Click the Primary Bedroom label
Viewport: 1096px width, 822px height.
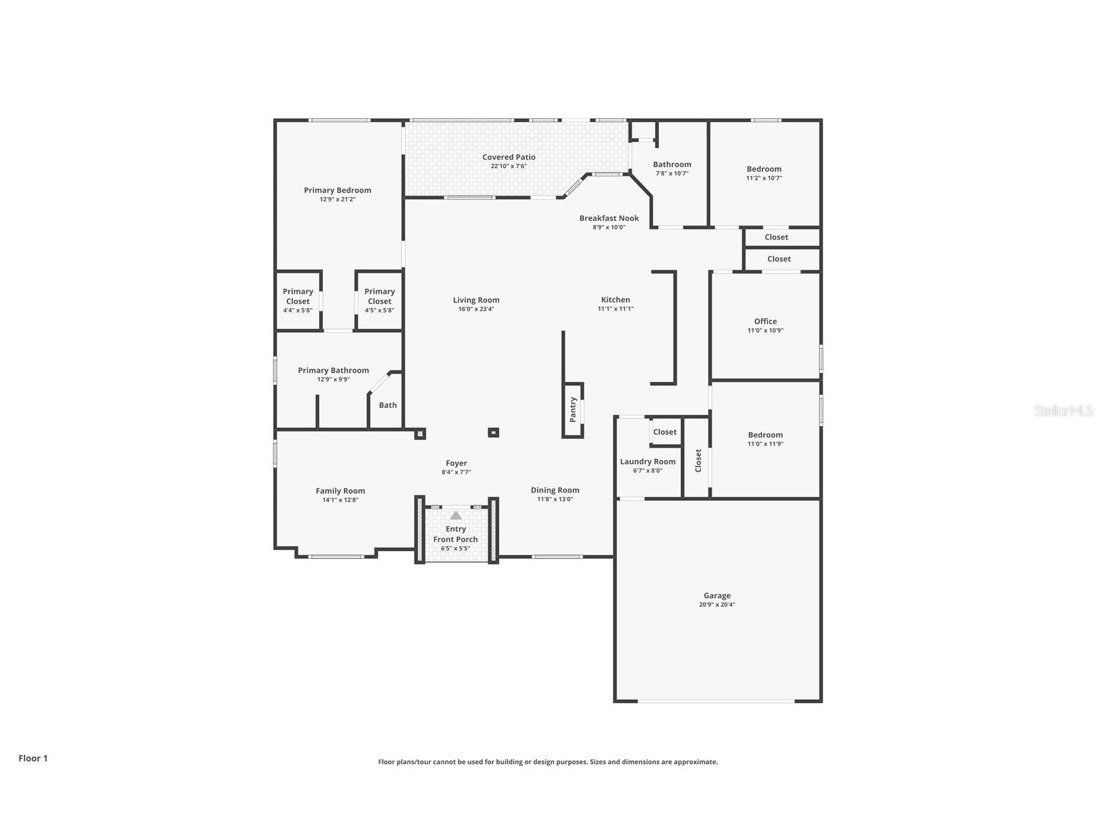pyautogui.click(x=337, y=190)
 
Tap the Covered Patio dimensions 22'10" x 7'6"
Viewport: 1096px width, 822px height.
pyautogui.click(x=509, y=166)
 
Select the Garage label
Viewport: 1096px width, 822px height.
pyautogui.click(x=717, y=596)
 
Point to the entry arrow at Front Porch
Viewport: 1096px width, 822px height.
pyautogui.click(x=456, y=515)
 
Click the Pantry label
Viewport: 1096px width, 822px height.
pyautogui.click(x=573, y=410)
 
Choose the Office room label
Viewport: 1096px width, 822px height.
pyautogui.click(x=765, y=321)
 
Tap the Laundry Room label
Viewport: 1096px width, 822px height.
pyautogui.click(x=648, y=461)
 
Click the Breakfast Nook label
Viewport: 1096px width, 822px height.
pyautogui.click(x=609, y=218)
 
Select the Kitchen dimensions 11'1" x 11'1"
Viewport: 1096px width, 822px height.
pyautogui.click(x=615, y=309)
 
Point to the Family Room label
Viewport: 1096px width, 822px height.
pyautogui.click(x=340, y=491)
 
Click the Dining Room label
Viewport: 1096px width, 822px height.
pyautogui.click(x=555, y=490)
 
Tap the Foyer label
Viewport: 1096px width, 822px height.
pyautogui.click(x=456, y=463)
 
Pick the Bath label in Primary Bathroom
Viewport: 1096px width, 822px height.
pyautogui.click(x=388, y=405)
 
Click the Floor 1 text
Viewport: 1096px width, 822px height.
pyautogui.click(x=33, y=758)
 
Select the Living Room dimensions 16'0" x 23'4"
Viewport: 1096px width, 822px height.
pyautogui.click(x=476, y=309)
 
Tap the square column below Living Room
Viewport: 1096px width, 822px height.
pyautogui.click(x=493, y=432)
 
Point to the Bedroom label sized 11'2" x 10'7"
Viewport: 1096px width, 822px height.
pyautogui.click(x=764, y=169)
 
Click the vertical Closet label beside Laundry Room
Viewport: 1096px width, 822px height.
pyautogui.click(x=698, y=461)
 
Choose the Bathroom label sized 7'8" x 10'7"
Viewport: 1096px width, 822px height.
pyautogui.click(x=672, y=165)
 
